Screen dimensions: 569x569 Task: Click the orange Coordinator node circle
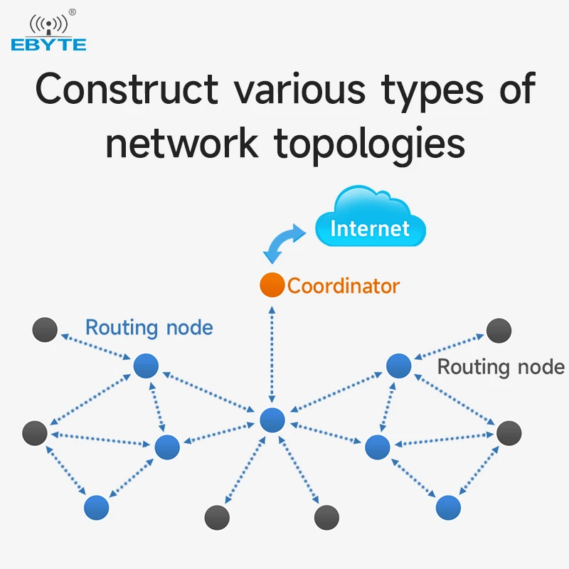[x=272, y=285]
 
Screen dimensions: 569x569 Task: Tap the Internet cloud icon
[x=370, y=218]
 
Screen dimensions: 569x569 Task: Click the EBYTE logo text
[x=48, y=45]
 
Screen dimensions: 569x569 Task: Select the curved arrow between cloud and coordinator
[x=283, y=241]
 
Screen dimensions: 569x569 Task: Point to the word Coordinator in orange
[x=344, y=286]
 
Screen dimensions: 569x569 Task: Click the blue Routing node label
[x=149, y=328]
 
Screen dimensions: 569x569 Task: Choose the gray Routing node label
[x=501, y=367]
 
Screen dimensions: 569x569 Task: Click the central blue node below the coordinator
[x=272, y=420]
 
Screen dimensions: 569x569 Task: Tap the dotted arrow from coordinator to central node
[x=272, y=355]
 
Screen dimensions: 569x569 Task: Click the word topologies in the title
[x=369, y=145]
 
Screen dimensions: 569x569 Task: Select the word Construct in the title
[x=127, y=89]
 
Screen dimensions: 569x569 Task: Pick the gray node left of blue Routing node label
[x=45, y=329]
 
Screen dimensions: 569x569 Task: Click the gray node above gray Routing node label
[x=499, y=331]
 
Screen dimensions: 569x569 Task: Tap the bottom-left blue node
[x=96, y=507]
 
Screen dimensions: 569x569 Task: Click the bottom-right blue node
[x=448, y=507]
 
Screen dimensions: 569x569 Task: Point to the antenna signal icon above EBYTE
[x=48, y=25]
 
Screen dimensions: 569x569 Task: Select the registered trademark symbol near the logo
[x=73, y=12]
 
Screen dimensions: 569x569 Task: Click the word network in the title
[x=182, y=144]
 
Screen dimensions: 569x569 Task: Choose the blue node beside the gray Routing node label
[x=398, y=366]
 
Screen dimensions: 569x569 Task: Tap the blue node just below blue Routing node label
[x=146, y=366]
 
